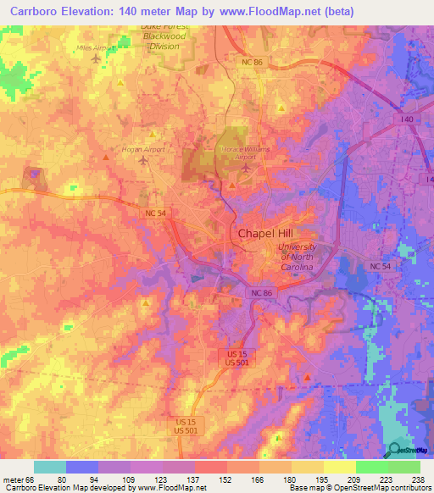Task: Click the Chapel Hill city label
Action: coord(268,235)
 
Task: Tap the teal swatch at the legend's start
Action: coord(50,467)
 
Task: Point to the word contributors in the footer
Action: coord(409,489)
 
